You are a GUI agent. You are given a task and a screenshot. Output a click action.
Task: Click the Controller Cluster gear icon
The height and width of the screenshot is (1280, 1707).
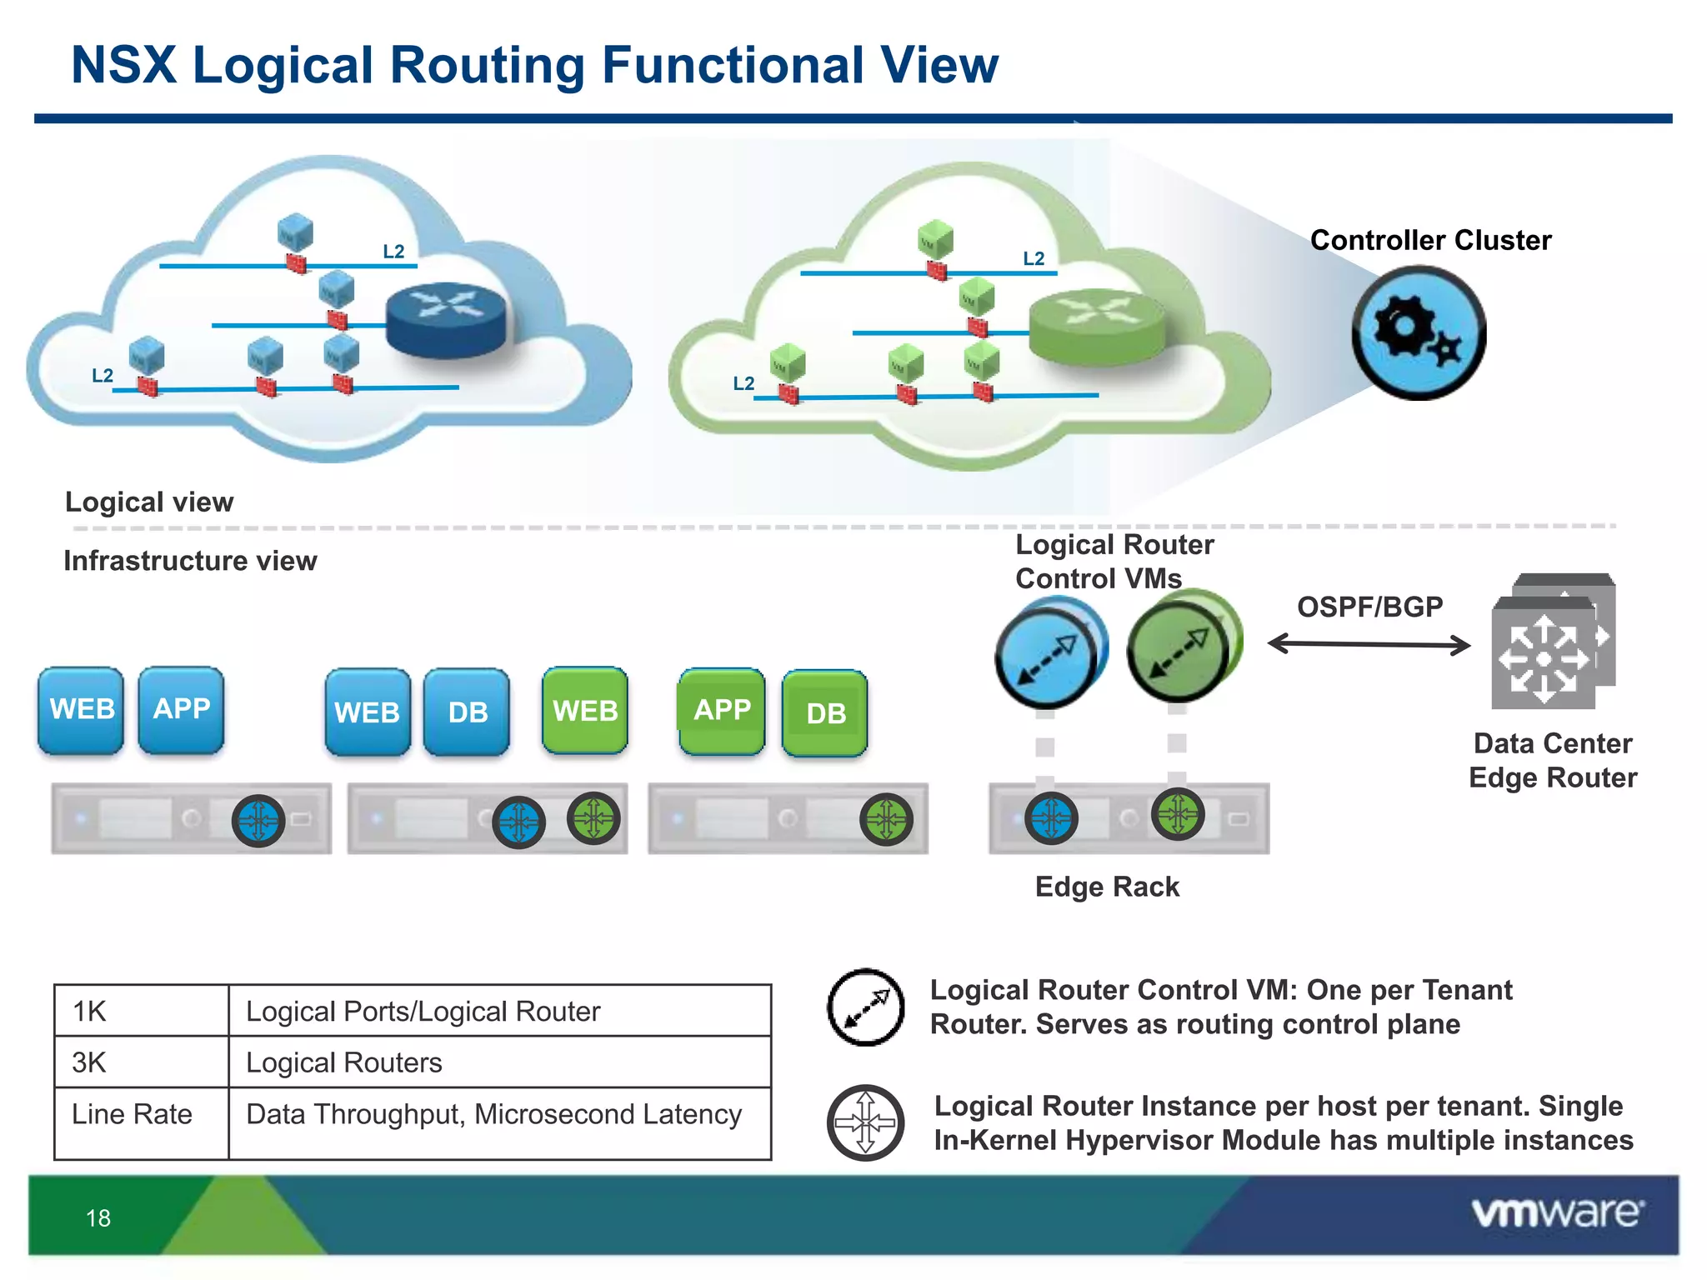(1418, 333)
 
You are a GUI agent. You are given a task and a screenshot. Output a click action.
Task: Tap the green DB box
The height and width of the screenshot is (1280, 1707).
(825, 713)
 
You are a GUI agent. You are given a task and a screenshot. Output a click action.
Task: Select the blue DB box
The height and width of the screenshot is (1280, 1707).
(467, 712)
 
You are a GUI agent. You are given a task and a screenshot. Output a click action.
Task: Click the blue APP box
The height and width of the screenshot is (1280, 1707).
(181, 709)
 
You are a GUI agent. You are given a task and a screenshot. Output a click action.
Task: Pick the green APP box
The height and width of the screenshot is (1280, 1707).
(722, 710)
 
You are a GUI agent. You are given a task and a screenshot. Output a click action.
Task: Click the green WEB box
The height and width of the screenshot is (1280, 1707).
(585, 710)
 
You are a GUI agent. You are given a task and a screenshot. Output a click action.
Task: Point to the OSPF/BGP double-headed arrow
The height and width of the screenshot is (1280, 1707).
(1369, 644)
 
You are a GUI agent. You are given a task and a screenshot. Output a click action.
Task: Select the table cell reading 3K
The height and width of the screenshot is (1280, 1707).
(140, 1062)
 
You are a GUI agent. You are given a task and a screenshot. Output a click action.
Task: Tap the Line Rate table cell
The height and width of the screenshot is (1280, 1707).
(140, 1115)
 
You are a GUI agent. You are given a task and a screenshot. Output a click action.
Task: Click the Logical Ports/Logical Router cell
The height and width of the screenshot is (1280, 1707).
(498, 1012)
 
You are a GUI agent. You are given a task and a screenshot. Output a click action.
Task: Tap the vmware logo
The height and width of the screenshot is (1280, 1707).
(1557, 1213)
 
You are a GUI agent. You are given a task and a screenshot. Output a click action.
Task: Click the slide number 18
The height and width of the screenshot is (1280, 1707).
(98, 1218)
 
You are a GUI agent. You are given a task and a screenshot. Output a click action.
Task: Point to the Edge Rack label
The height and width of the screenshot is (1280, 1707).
(1107, 887)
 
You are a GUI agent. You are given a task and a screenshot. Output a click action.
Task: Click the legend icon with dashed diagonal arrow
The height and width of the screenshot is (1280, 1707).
(866, 1007)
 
